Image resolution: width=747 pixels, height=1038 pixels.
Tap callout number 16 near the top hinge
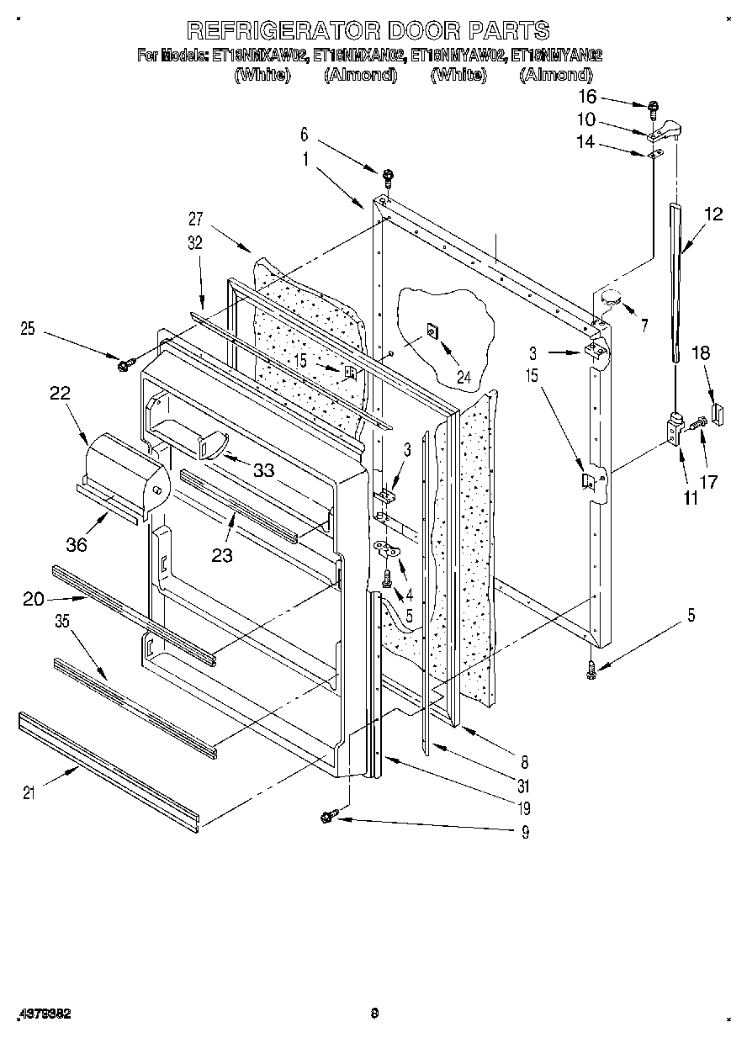click(586, 98)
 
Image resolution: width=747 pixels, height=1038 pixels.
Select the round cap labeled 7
click(611, 295)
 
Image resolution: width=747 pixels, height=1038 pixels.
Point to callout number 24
click(464, 377)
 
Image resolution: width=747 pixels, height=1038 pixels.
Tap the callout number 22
click(60, 393)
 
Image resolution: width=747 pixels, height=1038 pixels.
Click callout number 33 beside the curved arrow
click(263, 471)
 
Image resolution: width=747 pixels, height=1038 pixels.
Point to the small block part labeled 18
click(717, 412)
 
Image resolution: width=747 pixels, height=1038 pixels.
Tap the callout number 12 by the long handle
click(713, 214)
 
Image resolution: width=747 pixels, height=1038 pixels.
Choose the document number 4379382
click(43, 1014)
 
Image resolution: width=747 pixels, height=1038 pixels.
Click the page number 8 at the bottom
click(374, 1014)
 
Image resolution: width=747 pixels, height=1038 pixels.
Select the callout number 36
click(77, 544)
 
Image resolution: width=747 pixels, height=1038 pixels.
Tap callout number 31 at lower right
click(524, 786)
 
